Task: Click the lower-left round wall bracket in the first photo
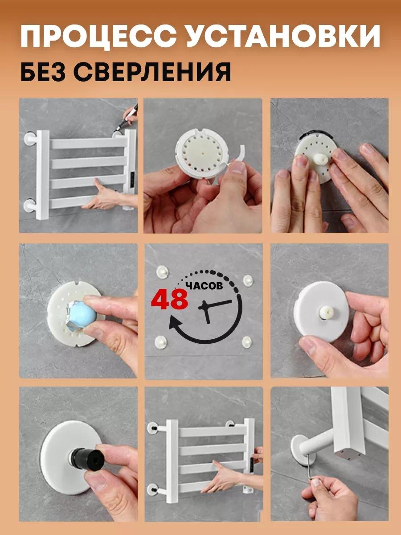[x=31, y=206]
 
